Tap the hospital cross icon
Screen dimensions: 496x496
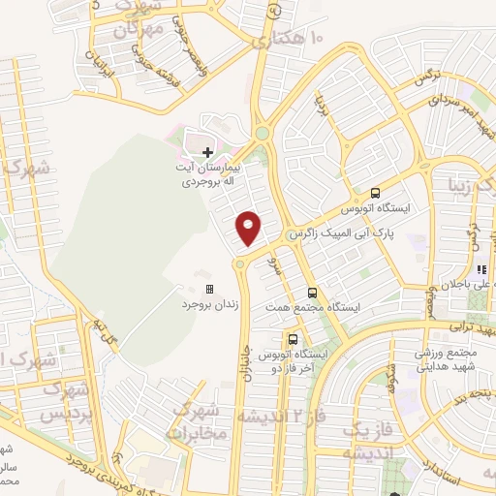[x=208, y=151]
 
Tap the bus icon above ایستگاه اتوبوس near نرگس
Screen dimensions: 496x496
[x=376, y=192]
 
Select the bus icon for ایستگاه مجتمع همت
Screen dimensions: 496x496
[x=312, y=292]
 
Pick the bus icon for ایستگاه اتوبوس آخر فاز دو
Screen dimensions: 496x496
[x=293, y=339]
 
